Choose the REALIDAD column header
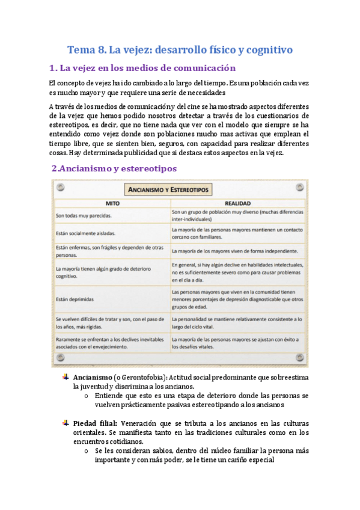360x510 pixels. pos(237,203)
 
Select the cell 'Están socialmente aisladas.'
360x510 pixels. pos(86,233)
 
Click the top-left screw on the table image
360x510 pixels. pos(59,188)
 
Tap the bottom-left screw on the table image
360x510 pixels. pos(59,359)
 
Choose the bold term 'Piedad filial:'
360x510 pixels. pos(95,423)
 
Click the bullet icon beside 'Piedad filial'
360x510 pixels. pos(66,422)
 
